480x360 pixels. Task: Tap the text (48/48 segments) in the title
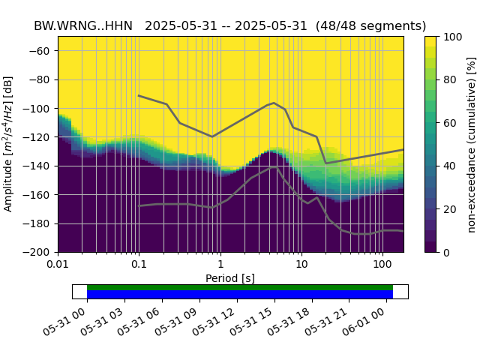[370, 25]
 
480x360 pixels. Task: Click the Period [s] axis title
[230, 278]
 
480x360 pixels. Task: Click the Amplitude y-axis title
[9, 144]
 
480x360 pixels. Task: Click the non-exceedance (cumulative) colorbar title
[472, 144]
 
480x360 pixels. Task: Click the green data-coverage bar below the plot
[240, 287]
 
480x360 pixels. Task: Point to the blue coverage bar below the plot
[240, 295]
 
